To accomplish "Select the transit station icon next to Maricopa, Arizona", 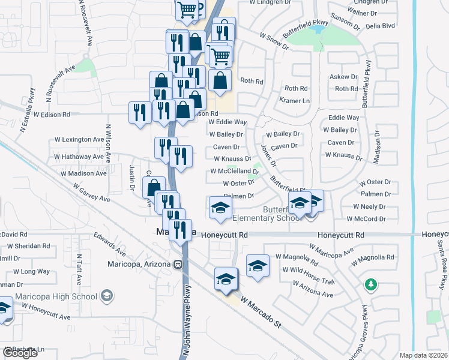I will (178, 265).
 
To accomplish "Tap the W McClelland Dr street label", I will (234, 171).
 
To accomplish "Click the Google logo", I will (19, 353).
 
